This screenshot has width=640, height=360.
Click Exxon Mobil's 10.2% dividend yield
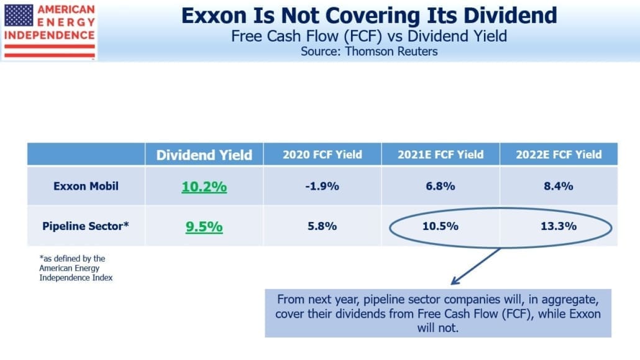(204, 187)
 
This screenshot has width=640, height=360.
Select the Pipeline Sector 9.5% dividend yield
(204, 226)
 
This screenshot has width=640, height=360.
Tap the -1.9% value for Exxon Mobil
(322, 187)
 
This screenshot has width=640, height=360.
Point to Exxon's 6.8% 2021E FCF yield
(441, 187)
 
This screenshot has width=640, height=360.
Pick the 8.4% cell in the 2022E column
(559, 187)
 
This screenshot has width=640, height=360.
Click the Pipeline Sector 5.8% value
(322, 226)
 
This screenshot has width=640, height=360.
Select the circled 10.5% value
(441, 226)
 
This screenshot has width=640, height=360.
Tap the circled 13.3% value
(559, 226)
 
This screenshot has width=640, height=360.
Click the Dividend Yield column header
(204, 155)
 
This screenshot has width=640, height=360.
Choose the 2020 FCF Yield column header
(322, 154)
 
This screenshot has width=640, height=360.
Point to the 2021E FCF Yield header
(441, 154)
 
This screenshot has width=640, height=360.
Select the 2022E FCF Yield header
(559, 154)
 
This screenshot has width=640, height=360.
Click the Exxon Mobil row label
(86, 187)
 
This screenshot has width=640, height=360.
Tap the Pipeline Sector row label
(86, 226)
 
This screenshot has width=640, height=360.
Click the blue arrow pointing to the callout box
(475, 266)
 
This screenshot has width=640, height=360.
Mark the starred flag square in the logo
(19, 15)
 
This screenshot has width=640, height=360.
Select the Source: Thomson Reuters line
(369, 52)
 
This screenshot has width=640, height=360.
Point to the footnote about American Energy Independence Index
(76, 268)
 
